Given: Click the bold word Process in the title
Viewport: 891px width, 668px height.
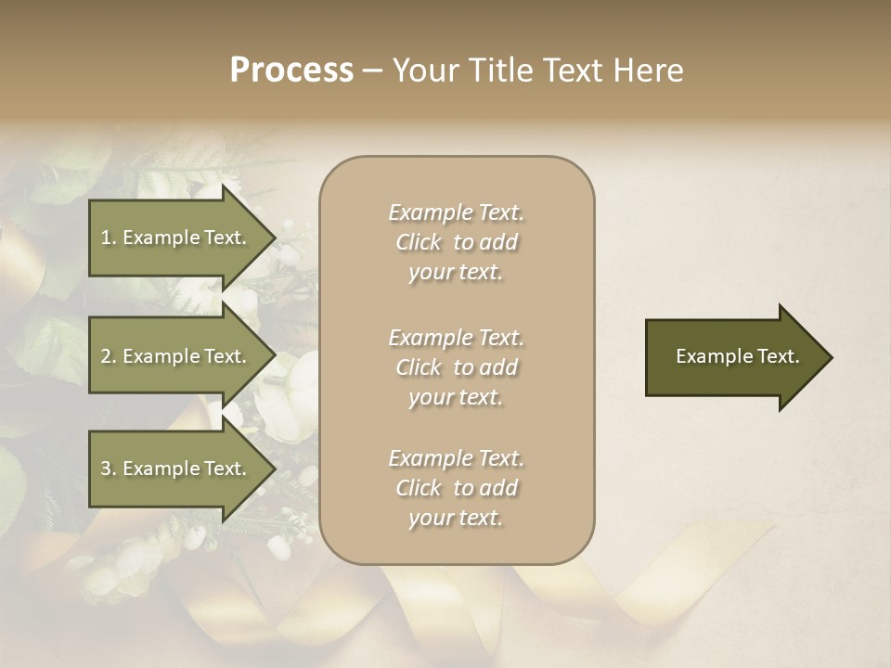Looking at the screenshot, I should pyautogui.click(x=291, y=71).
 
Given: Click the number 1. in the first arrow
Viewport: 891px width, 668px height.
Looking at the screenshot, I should pyautogui.click(x=109, y=238).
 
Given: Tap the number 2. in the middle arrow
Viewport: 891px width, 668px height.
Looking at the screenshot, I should pyautogui.click(x=109, y=356).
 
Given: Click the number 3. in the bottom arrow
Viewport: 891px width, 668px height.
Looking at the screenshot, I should pyautogui.click(x=109, y=469).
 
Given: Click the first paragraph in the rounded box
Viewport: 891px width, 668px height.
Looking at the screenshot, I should pyautogui.click(x=456, y=242).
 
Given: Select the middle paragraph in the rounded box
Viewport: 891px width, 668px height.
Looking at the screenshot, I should pyautogui.click(x=456, y=367).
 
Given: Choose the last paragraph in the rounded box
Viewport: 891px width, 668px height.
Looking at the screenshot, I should pyautogui.click(x=456, y=488).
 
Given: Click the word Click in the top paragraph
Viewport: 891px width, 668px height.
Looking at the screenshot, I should pyautogui.click(x=419, y=242).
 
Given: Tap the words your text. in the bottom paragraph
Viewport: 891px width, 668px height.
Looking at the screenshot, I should pyautogui.click(x=456, y=518).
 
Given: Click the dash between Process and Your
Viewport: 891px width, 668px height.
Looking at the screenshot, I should pyautogui.click(x=373, y=71).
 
